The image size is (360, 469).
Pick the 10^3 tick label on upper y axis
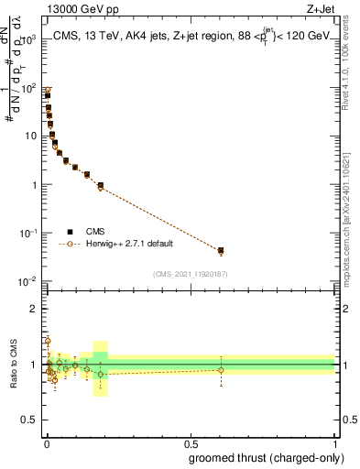point(29,39)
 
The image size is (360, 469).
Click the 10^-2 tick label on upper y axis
point(29,281)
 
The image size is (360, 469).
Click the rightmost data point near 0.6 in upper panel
point(221,250)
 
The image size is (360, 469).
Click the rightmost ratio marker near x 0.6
point(221,370)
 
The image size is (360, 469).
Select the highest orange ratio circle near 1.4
point(48,341)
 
